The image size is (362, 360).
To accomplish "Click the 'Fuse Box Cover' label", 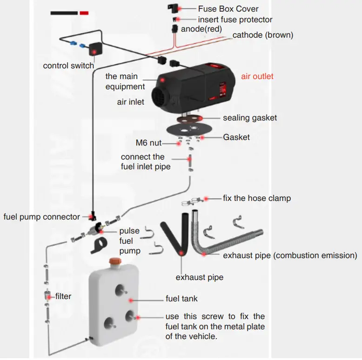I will pos(228,8).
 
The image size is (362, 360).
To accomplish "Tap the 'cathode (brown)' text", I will pos(262,35).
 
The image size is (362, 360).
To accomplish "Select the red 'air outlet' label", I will pos(257,76).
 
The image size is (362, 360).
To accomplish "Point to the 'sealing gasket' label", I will pos(249,118).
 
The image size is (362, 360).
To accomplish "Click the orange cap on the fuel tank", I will pos(113,263).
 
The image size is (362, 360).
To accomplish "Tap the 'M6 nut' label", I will pos(148,143).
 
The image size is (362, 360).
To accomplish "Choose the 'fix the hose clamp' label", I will pos(256,198).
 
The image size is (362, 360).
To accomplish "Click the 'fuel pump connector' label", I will pos(42,217).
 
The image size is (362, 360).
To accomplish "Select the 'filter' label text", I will pos(63,296).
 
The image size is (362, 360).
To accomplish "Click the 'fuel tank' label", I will pos(181,299).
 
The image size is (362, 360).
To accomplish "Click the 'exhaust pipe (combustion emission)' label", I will pos(290,255).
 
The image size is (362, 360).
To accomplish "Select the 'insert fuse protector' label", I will pos(235,20).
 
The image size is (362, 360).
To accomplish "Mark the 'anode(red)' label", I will pos(201,29).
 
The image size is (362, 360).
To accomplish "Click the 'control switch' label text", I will pos(68,66).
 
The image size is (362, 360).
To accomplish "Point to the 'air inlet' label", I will pos(130,102).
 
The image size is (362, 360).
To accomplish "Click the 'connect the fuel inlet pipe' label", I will pos(146,161).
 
